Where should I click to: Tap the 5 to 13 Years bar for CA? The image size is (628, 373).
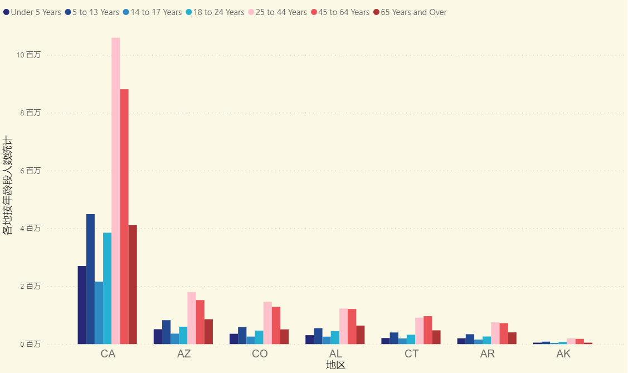90,279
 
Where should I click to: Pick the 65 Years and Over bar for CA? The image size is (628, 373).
133,284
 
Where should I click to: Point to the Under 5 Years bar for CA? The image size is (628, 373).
82,305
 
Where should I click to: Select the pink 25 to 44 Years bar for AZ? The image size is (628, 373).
192,318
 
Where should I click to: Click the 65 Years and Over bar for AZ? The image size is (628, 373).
208,332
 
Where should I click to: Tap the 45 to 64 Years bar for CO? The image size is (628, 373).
276,325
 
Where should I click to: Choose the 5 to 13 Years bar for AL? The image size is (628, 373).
318,336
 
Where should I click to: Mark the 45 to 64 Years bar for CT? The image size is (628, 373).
428,330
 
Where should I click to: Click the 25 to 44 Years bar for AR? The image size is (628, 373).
495,333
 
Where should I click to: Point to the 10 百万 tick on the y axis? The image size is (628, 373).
29,55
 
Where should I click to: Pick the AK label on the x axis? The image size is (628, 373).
563,354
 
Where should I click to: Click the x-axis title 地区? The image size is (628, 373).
335,365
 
